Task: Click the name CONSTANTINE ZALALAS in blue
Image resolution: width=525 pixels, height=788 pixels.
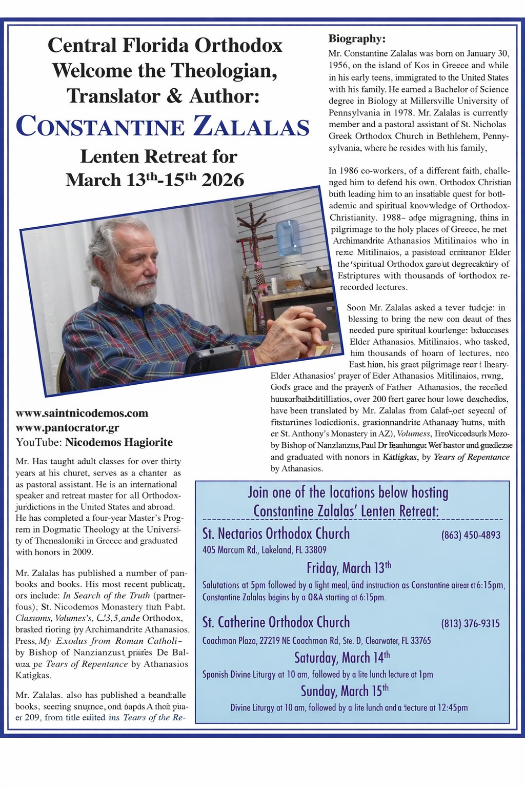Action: (x=163, y=127)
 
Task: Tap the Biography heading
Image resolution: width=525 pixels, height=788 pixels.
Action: (x=357, y=39)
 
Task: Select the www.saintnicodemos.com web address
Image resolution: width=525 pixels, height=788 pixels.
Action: (x=82, y=413)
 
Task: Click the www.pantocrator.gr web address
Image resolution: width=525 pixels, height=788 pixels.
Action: (x=67, y=428)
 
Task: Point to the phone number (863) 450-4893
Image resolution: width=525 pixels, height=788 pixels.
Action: (x=471, y=535)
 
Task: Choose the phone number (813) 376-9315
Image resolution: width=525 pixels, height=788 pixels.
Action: (x=470, y=623)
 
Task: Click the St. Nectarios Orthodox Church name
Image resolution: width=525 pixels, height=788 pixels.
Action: (x=276, y=534)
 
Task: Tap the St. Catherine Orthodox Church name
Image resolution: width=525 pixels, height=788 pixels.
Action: (x=276, y=622)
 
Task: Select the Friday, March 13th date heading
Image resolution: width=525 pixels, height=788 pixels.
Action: (x=349, y=568)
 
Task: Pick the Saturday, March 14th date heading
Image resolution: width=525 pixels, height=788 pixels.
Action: (x=342, y=657)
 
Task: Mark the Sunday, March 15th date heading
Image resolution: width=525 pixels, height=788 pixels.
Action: (x=344, y=691)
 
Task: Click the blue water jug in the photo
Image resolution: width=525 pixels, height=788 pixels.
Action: (x=288, y=238)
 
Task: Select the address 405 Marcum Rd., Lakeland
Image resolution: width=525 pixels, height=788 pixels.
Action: (x=265, y=550)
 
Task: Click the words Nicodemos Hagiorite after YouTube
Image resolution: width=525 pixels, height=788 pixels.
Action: (x=119, y=442)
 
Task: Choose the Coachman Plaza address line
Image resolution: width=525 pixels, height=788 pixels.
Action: (x=316, y=641)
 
